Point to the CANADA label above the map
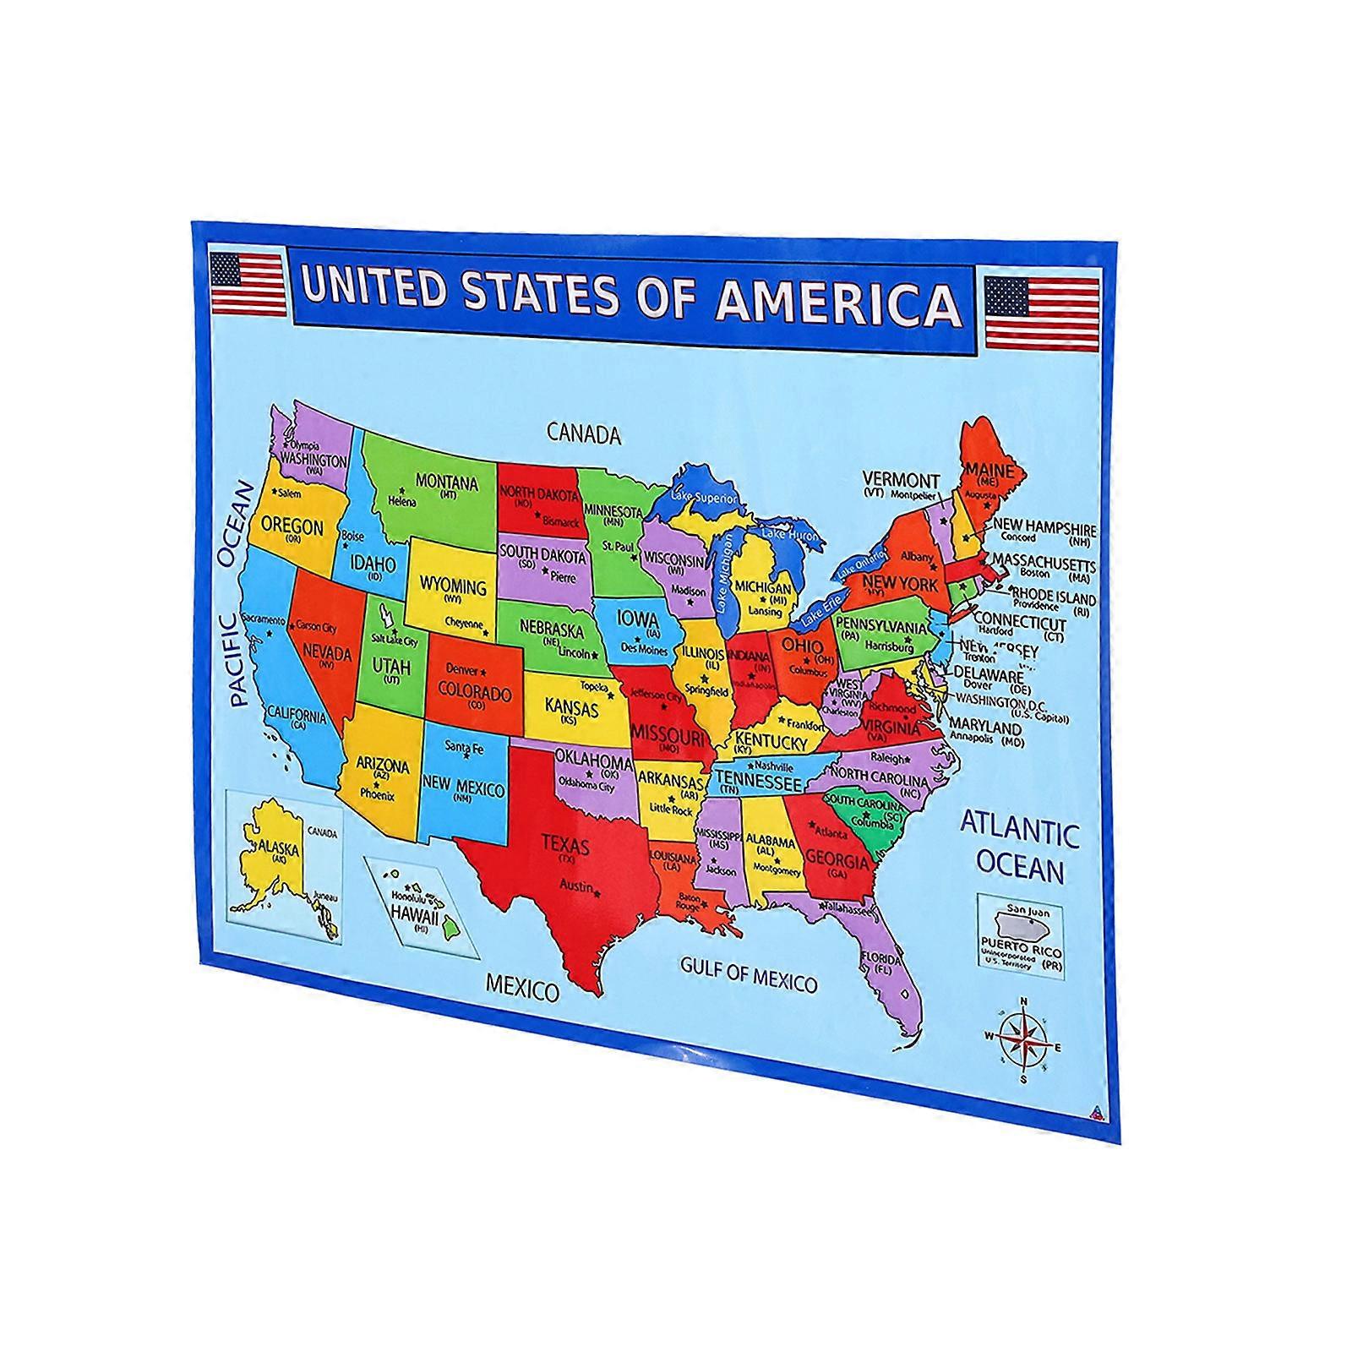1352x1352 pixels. coord(584,434)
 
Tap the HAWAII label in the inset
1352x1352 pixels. coord(414,916)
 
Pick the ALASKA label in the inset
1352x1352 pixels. coord(280,848)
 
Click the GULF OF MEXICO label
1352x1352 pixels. coord(749,976)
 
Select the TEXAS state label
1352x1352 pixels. coord(565,845)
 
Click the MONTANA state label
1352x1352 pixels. coord(446,483)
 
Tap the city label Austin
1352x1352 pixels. coord(576,886)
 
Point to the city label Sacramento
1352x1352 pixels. coord(264,619)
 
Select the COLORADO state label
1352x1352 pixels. coord(474,694)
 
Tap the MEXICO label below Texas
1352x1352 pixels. coord(521,986)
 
